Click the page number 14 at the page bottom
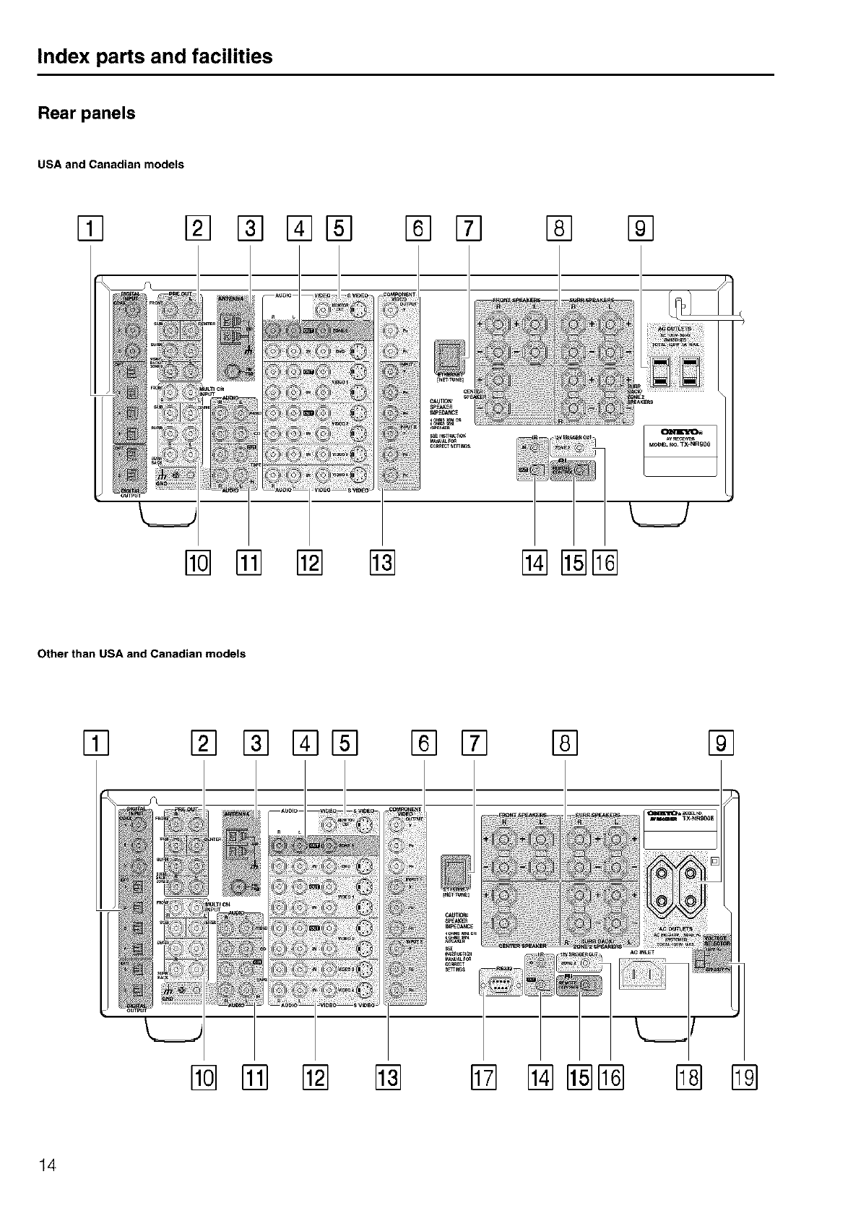tap(47, 1165)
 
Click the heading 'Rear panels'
tap(86, 113)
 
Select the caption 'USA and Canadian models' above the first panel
tap(111, 165)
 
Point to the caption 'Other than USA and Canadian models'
tap(141, 654)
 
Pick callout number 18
tap(688, 1079)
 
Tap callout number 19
tap(744, 1079)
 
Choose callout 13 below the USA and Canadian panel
tap(381, 562)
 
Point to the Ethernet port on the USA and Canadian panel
tap(446, 355)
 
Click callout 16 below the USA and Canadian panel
tap(605, 562)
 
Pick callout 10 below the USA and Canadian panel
tap(198, 562)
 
